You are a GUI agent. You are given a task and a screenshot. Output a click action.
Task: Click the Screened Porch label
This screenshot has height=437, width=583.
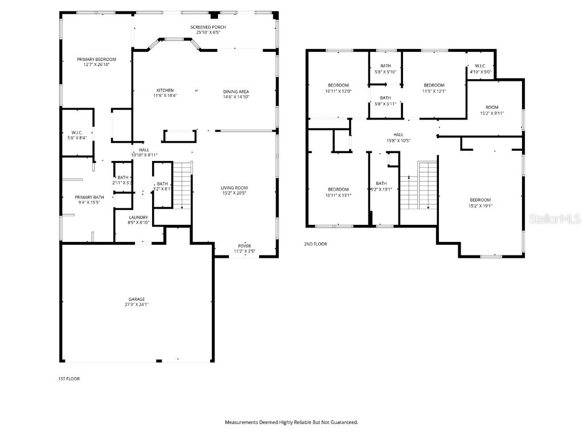click(208, 27)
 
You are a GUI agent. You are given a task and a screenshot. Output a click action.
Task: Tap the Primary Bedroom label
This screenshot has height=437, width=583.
click(97, 59)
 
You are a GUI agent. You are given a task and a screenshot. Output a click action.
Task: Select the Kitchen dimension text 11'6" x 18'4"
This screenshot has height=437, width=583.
click(165, 96)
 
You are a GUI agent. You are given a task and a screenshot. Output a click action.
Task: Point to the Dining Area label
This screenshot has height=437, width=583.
click(236, 91)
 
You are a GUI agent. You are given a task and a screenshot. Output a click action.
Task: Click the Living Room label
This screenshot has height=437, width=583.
click(235, 188)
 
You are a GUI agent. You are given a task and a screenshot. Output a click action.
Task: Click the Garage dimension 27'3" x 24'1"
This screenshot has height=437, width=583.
click(136, 304)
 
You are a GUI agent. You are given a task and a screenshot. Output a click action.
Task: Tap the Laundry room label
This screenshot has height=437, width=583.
click(138, 217)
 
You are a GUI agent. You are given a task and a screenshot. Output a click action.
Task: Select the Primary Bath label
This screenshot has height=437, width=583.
click(87, 197)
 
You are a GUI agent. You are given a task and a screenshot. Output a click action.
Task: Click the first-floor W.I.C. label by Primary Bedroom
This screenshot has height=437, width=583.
click(77, 132)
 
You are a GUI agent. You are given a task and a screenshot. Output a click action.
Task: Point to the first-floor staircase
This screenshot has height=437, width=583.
click(182, 185)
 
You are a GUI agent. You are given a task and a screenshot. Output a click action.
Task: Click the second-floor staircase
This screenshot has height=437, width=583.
click(418, 185)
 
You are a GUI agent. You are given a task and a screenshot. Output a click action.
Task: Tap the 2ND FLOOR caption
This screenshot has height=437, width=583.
click(315, 244)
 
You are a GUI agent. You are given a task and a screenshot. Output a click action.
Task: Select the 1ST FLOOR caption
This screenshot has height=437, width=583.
click(69, 378)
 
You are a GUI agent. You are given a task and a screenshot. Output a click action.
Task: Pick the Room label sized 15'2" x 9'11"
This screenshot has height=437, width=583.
click(491, 107)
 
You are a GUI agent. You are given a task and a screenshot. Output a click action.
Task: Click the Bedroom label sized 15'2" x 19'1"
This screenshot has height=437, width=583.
click(480, 199)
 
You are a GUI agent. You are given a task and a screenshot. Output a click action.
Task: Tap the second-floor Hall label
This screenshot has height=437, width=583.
click(398, 135)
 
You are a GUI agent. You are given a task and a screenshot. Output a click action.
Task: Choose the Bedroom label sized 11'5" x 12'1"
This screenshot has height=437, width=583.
click(433, 85)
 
